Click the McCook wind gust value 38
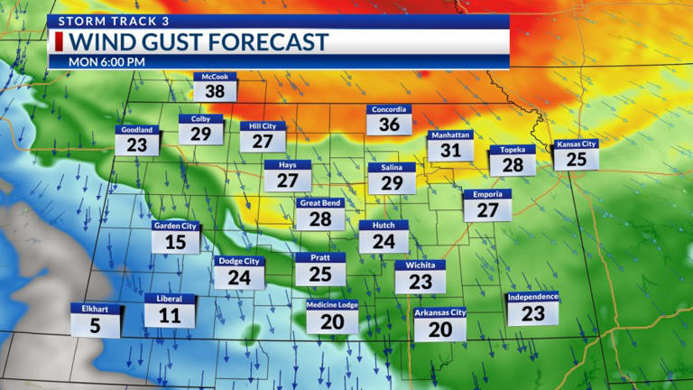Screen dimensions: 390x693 215,91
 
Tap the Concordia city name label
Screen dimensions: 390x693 389,110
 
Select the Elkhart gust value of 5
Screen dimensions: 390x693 96,326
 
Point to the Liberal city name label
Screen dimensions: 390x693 170,299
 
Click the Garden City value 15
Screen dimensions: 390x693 175,242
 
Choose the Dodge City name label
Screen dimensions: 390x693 239,261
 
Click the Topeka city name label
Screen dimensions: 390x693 512,150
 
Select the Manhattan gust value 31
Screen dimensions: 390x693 450,151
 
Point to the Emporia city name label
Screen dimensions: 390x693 487,194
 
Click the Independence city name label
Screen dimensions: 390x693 532,297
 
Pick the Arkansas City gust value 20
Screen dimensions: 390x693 440,330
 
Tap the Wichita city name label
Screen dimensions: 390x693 420,265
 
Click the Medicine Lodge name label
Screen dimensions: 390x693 332,305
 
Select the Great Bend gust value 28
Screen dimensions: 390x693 320,219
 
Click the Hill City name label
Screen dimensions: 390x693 263,126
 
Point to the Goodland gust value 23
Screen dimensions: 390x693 137,145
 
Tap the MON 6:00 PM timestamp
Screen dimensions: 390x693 107,61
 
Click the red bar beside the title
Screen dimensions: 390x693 59,42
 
